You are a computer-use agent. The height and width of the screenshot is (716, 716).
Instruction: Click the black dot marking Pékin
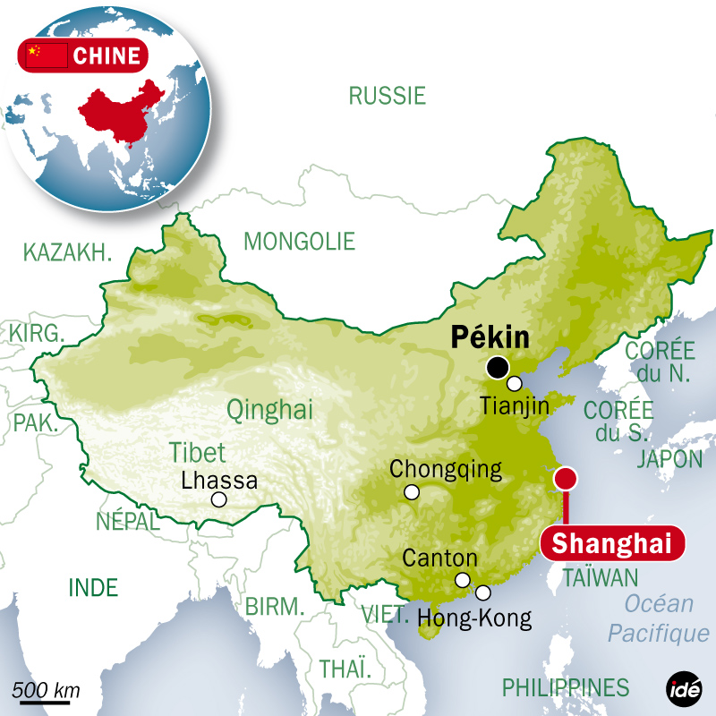(498, 368)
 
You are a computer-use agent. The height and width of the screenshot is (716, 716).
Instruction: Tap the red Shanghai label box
(611, 544)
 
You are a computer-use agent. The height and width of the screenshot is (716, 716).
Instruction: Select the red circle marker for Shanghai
(565, 479)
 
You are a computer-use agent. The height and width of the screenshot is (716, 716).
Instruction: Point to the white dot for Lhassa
(219, 500)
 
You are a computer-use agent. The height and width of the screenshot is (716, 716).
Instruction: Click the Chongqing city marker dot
(412, 491)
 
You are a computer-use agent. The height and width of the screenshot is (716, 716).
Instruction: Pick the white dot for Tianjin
(515, 384)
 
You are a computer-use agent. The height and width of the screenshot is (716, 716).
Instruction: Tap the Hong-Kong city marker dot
(483, 592)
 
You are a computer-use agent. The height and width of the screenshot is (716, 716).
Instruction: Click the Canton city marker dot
(463, 579)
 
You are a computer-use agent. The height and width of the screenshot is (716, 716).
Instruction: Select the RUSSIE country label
(387, 96)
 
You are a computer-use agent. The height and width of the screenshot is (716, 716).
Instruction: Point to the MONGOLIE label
(299, 241)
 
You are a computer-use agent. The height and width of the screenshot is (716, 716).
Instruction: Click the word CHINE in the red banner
(107, 56)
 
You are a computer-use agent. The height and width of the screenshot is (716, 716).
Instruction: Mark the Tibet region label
(197, 452)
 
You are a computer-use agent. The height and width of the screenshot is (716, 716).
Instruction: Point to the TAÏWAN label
(601, 578)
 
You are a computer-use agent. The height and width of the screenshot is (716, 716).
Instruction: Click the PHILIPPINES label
(565, 687)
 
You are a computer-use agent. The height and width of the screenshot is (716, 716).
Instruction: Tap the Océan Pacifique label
(658, 618)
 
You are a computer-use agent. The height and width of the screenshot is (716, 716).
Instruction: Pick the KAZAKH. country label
(68, 252)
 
